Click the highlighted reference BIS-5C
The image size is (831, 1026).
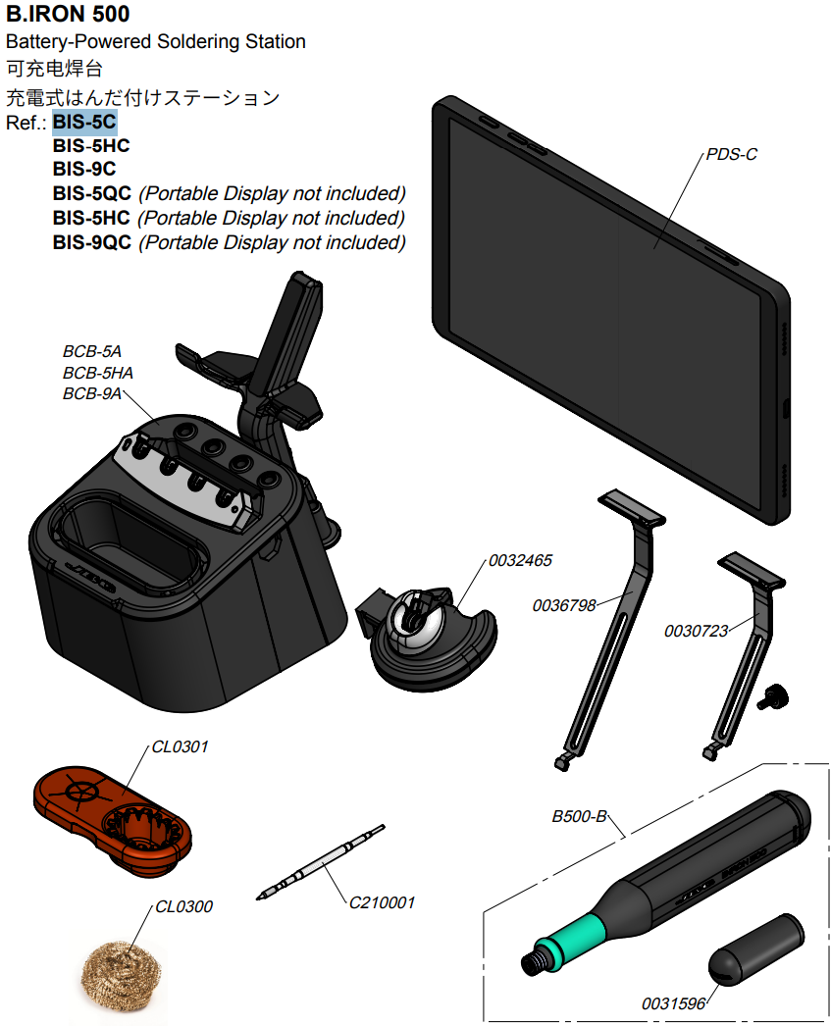point(84,122)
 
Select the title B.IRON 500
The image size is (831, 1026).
point(68,14)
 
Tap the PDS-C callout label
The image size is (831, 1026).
point(732,154)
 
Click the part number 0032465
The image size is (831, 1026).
point(520,560)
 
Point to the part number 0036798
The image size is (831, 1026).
point(564,605)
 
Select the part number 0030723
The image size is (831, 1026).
point(696,631)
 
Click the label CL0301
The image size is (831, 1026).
point(180,746)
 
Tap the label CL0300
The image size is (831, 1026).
point(183,906)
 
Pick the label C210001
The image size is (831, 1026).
point(382,902)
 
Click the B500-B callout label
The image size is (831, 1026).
point(580,816)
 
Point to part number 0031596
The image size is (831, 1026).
point(673,1003)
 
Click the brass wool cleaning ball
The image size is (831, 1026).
point(122,975)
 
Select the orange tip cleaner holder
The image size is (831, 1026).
point(113,820)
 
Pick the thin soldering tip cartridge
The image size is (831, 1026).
point(321,862)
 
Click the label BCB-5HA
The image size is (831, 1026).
point(98,373)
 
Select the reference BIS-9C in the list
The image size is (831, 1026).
point(84,169)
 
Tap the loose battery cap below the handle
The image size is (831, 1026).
point(756,949)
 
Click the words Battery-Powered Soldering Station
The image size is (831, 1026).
point(156,41)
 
